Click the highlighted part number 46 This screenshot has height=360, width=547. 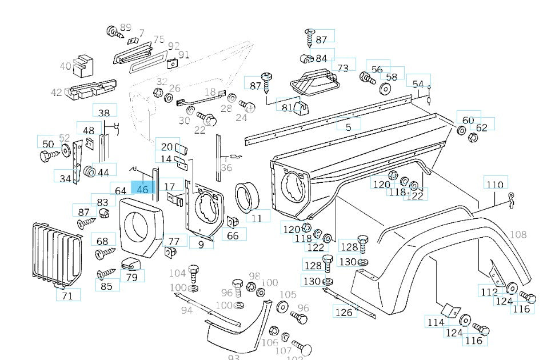coord(142,189)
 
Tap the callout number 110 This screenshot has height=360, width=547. coord(495,184)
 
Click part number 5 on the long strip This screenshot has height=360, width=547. coord(349,127)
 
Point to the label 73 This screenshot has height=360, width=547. coord(343,68)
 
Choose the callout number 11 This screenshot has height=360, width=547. coord(257,217)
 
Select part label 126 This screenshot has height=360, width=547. coord(344,312)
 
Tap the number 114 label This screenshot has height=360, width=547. coord(435,322)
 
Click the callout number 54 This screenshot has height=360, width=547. coord(418,85)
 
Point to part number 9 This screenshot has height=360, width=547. coord(201,245)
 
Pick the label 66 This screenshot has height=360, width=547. coord(233,235)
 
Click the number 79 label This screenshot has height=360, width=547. coord(132,278)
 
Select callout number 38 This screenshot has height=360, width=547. coord(104,113)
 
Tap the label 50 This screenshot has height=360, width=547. coord(48,144)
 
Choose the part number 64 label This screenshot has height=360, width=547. coord(121,191)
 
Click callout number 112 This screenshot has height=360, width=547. coord(489,292)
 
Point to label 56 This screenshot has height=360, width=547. coord(377,70)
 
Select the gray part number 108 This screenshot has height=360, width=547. coord(518,234)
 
